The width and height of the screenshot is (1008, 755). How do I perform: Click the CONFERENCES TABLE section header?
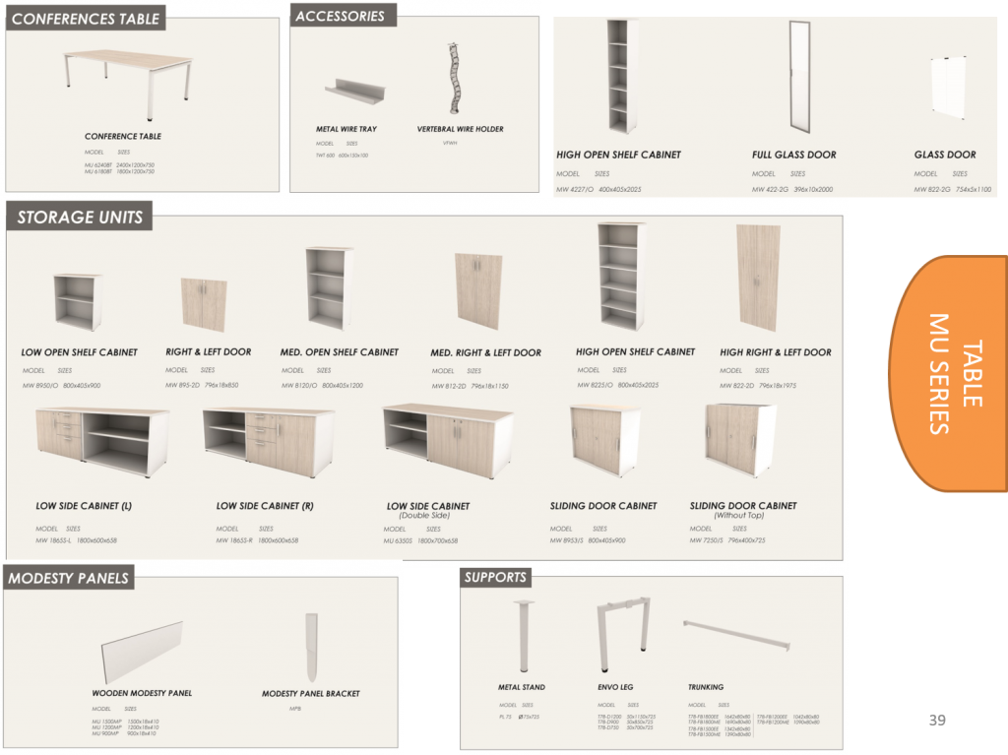86,18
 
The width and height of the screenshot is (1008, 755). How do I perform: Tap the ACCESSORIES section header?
341,16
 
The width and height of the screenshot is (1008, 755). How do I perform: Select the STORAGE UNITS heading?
80,218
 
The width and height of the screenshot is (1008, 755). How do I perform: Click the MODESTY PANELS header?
68,579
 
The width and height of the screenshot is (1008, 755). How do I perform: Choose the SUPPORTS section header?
495,577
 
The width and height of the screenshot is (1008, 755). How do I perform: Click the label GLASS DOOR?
944,155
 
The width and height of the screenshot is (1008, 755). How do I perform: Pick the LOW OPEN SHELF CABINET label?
80,352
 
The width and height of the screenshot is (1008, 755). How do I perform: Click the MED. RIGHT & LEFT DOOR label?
485,352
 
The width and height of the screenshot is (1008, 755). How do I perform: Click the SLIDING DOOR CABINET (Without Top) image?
739,438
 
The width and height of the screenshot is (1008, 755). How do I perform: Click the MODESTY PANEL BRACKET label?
310,694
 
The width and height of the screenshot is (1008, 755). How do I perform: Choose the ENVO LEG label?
615,687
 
